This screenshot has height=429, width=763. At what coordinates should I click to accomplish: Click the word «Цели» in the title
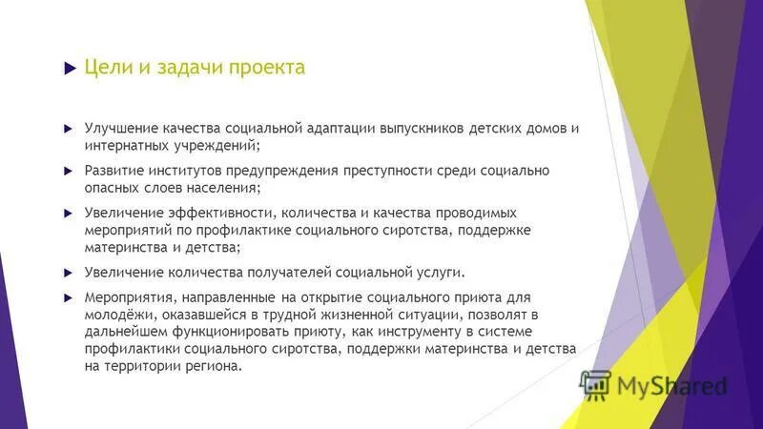click(104, 68)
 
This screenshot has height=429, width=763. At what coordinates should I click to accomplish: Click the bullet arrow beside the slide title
click(68, 69)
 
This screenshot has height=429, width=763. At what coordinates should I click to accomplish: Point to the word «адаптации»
click(343, 128)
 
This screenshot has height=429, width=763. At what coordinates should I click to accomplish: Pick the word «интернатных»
click(124, 147)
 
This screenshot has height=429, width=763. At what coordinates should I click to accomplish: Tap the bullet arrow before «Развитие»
click(68, 170)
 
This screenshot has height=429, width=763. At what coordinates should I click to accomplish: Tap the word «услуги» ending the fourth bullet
click(439, 273)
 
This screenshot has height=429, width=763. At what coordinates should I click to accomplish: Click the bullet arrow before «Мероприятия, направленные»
click(68, 297)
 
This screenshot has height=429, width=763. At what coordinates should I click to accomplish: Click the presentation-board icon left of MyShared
click(596, 383)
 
